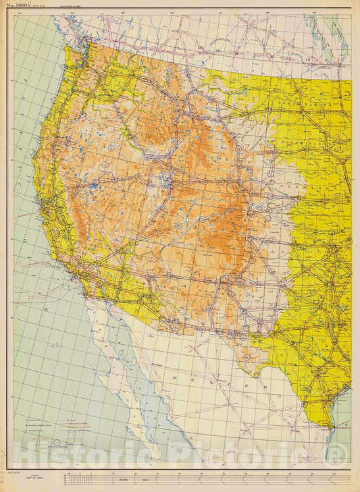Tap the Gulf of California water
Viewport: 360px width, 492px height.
[x=145, y=378]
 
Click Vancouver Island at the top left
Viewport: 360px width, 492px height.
[x=64, y=27]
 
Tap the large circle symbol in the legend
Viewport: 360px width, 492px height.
[x=58, y=443]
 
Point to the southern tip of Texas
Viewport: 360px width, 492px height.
[x=331, y=426]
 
